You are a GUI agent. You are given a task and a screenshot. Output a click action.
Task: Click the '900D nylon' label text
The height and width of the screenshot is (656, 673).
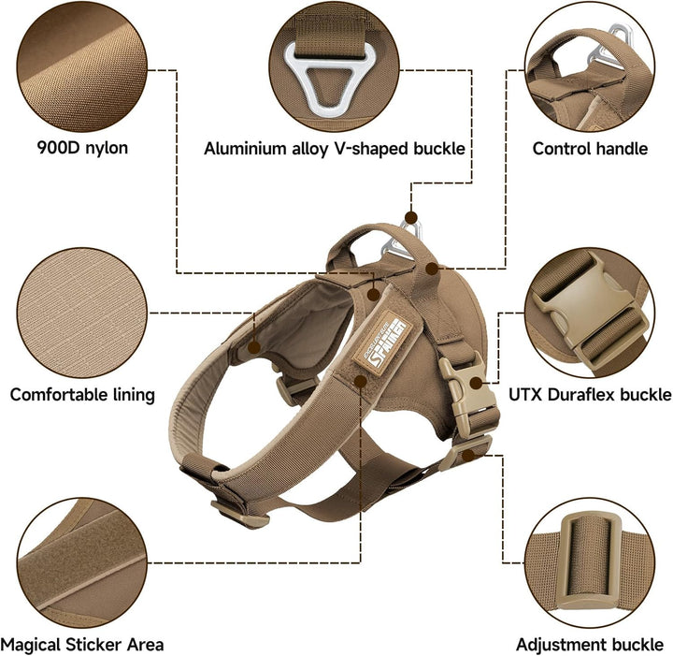tap(82, 148)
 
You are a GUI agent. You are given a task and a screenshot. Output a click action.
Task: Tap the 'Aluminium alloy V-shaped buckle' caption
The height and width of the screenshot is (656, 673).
tap(335, 149)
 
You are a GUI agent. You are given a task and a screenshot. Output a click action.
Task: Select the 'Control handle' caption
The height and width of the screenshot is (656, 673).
tap(590, 149)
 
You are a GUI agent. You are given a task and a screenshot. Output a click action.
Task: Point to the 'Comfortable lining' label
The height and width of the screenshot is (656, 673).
tap(82, 395)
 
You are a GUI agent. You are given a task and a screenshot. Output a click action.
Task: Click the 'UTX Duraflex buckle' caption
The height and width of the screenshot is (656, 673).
tap(590, 394)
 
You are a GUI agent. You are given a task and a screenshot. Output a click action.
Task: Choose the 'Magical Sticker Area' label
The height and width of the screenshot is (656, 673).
tap(82, 645)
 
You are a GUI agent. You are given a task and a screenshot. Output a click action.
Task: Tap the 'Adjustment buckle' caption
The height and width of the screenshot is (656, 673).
tap(590, 645)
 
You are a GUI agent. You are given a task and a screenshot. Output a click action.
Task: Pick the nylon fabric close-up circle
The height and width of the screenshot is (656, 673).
tap(82, 67)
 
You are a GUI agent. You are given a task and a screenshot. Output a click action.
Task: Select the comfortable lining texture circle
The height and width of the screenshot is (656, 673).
tap(82, 313)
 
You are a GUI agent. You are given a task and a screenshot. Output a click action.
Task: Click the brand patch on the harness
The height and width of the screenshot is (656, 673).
tap(382, 343)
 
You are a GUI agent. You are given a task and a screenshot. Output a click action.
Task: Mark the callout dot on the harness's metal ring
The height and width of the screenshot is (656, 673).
tap(410, 217)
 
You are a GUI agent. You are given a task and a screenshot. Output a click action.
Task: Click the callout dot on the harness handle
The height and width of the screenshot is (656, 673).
tap(432, 269)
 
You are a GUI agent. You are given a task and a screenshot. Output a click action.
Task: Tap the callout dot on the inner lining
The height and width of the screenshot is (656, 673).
tap(254, 347)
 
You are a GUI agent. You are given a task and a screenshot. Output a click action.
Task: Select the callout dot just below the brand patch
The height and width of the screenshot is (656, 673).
tap(361, 381)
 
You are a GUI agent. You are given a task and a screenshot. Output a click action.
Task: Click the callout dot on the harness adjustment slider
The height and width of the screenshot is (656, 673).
tap(468, 455)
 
